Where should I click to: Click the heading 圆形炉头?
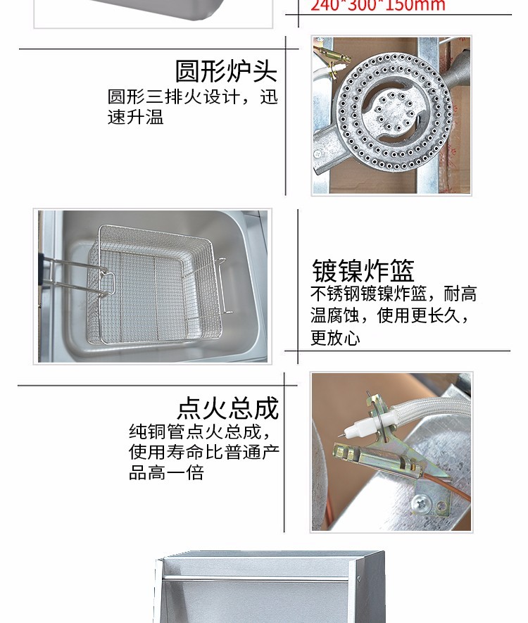tap(226, 71)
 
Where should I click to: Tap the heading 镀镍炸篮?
tap(363, 270)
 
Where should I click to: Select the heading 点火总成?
tap(227, 408)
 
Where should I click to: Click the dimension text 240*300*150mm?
tap(378, 6)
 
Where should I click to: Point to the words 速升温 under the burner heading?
tap(135, 117)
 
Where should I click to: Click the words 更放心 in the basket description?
tap(335, 339)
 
